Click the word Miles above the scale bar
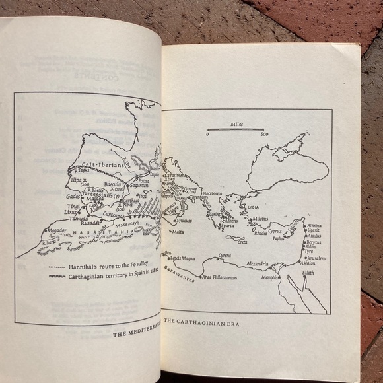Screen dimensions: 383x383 click(x=237, y=123)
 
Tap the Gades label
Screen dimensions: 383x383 click(x=73, y=196)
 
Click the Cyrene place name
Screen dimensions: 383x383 click(x=225, y=255)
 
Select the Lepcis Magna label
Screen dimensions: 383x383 click(x=184, y=258)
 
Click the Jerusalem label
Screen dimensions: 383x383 click(x=320, y=258)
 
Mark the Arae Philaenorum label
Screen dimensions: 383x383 click(x=219, y=277)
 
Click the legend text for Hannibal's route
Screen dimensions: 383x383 click(x=102, y=266)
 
